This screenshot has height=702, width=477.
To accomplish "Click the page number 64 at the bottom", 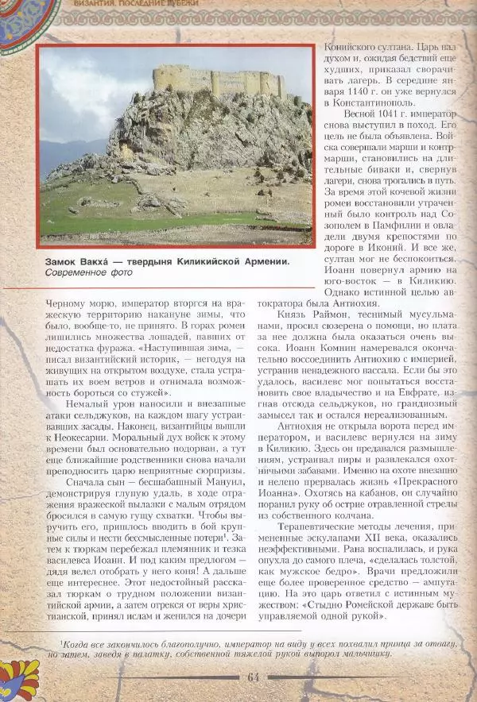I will [254, 676].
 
